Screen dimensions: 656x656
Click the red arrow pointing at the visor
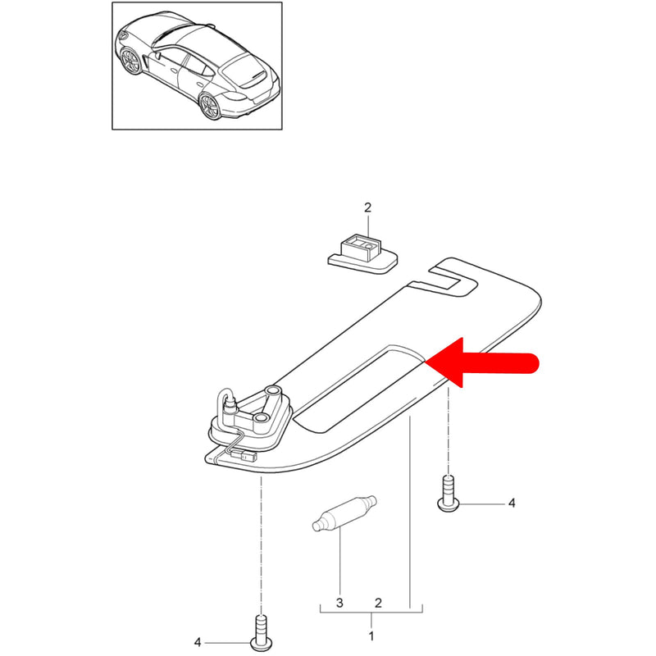click(x=481, y=362)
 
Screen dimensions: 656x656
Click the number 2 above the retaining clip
click(x=367, y=207)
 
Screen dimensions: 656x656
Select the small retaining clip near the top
click(x=362, y=254)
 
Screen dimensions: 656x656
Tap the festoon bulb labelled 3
click(x=344, y=513)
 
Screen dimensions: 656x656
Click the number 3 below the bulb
click(x=339, y=603)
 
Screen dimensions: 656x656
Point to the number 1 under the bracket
click(x=371, y=636)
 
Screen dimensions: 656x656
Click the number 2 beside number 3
click(x=378, y=603)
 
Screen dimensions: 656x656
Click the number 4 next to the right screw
click(x=512, y=503)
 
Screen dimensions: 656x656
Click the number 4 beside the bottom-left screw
click(x=198, y=642)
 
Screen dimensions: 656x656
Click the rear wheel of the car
click(x=210, y=107)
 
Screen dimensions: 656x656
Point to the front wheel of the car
click(x=131, y=61)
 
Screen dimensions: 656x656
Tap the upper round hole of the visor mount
click(x=273, y=391)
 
